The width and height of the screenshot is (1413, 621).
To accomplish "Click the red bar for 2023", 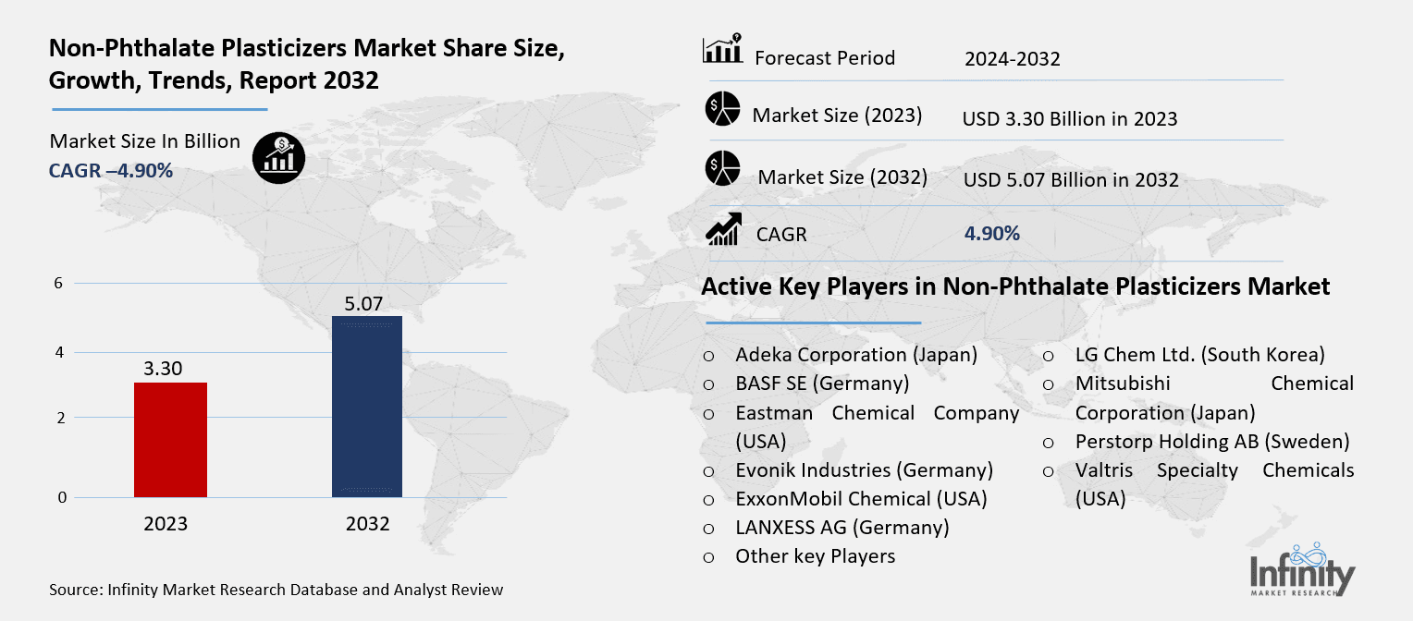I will point(170,440).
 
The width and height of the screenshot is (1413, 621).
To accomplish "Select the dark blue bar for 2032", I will point(366,407).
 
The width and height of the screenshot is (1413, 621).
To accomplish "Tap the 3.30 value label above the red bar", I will point(163,369).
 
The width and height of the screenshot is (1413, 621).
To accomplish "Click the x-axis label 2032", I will point(367,524).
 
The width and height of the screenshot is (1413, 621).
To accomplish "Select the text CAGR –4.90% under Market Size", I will point(111,170).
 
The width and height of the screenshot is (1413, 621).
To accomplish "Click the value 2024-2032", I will point(1012,60).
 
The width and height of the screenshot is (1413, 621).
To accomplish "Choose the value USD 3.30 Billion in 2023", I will point(1070,119).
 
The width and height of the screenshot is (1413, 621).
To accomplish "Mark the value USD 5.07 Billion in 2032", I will point(1071,179).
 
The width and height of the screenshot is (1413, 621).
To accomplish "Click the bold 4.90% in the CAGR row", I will point(991,234).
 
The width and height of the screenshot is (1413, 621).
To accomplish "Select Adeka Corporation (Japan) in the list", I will point(856,355).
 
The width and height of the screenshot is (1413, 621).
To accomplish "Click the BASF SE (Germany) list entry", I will point(822,384).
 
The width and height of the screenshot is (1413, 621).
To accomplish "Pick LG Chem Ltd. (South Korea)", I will point(1199,355).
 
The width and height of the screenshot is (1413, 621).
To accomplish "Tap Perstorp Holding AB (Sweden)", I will point(1212,442).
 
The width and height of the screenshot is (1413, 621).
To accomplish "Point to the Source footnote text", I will point(276,590).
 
